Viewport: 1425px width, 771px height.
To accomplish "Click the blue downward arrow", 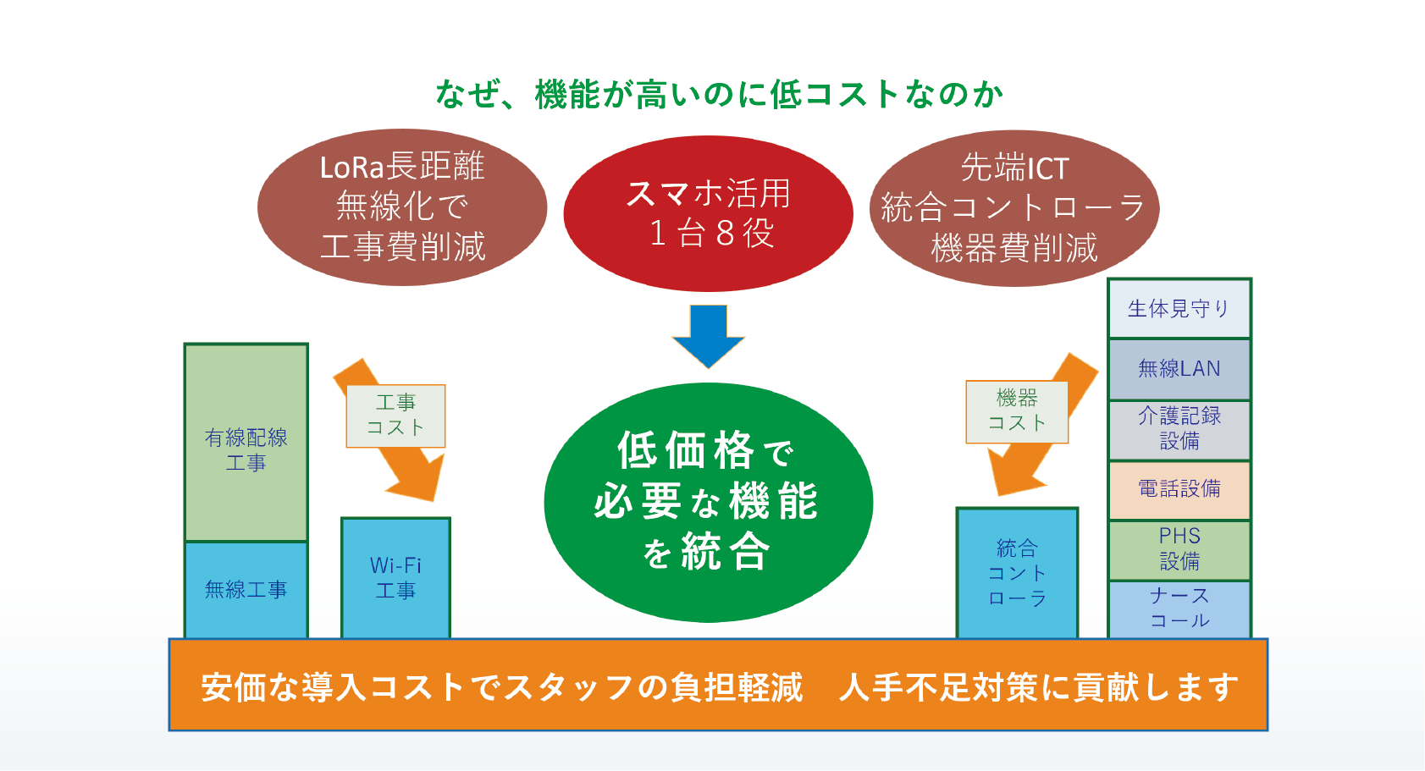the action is pyautogui.click(x=708, y=336).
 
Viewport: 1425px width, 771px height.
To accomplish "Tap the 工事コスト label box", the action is pyautogui.click(x=395, y=416).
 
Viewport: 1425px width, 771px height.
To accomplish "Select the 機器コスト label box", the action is pyautogui.click(x=1017, y=411).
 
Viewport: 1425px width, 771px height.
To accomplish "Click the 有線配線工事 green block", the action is pyautogui.click(x=246, y=443).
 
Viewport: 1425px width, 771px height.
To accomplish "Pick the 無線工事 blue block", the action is pyautogui.click(x=246, y=590).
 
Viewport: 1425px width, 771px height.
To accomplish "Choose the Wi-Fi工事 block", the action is pyautogui.click(x=395, y=578).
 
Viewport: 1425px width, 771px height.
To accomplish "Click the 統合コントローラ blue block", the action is pyautogui.click(x=1017, y=573).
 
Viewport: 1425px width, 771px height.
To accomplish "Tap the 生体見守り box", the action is pyautogui.click(x=1179, y=308).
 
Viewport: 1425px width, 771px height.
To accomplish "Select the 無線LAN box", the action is pyautogui.click(x=1179, y=369).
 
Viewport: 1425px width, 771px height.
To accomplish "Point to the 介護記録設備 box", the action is pyautogui.click(x=1179, y=430).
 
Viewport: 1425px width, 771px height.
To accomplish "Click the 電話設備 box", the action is pyautogui.click(x=1179, y=490).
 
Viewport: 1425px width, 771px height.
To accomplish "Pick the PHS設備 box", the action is pyautogui.click(x=1179, y=550).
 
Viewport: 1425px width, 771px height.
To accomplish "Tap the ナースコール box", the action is pyautogui.click(x=1179, y=609).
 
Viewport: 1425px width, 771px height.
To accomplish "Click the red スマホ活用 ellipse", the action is pyautogui.click(x=708, y=213).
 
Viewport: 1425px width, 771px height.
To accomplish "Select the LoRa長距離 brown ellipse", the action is pyautogui.click(x=402, y=208).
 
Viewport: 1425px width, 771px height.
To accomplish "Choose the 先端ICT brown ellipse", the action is pyautogui.click(x=1014, y=208).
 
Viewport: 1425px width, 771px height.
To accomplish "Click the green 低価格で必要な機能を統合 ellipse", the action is pyautogui.click(x=708, y=502).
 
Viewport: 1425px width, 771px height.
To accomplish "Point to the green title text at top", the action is pyautogui.click(x=719, y=94).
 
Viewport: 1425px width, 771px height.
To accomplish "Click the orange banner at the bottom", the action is pyautogui.click(x=718, y=686).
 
